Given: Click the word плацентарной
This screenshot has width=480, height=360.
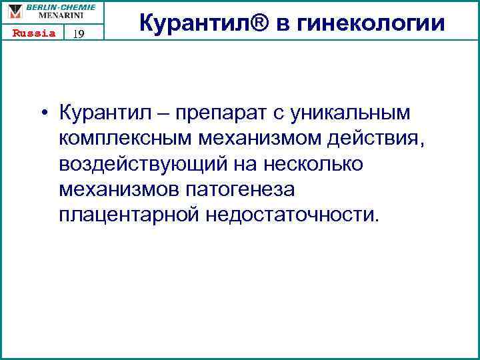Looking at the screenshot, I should coord(129,215).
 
